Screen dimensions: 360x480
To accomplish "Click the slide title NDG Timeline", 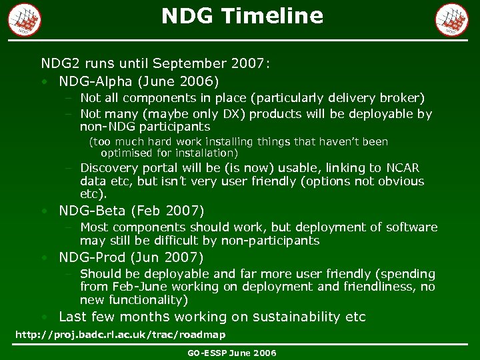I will [x=242, y=16].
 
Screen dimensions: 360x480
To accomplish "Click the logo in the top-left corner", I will [x=24, y=19].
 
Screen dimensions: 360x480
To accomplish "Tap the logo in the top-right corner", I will [x=451, y=19].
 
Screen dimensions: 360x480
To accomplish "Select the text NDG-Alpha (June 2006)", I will [x=139, y=82].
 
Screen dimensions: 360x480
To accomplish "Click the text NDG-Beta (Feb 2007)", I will [x=131, y=211].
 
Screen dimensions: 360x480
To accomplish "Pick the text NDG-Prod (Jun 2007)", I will [x=131, y=257].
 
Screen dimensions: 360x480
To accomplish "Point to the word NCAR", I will [x=404, y=168].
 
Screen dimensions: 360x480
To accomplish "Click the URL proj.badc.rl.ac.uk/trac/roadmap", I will [x=120, y=334].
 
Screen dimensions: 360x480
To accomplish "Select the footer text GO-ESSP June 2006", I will [x=231, y=353].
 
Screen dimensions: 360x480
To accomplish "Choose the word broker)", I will [x=399, y=98].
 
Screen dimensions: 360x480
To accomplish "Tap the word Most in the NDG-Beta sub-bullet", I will [x=94, y=227].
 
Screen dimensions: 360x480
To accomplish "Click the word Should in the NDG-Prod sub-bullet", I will [x=100, y=274].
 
